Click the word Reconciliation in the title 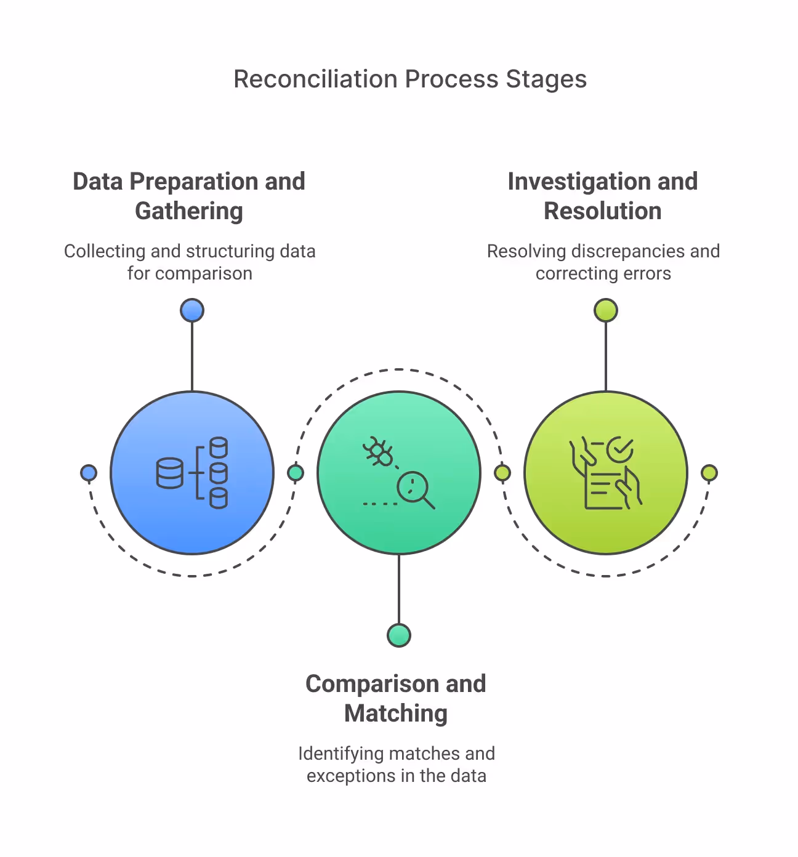(x=315, y=79)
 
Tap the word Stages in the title (x=546, y=79)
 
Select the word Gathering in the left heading (x=189, y=211)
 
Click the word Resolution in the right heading (x=602, y=211)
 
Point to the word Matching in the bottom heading (x=395, y=714)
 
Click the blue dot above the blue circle (x=192, y=310)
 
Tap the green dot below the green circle (x=399, y=635)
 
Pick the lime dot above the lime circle (x=606, y=310)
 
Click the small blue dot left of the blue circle (x=89, y=473)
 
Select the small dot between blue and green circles (x=296, y=473)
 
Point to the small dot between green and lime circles (x=502, y=473)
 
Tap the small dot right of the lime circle (x=709, y=473)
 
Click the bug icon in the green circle (x=378, y=452)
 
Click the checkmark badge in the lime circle (x=619, y=449)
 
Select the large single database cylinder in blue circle (x=169, y=473)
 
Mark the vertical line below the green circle (x=399, y=589)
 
